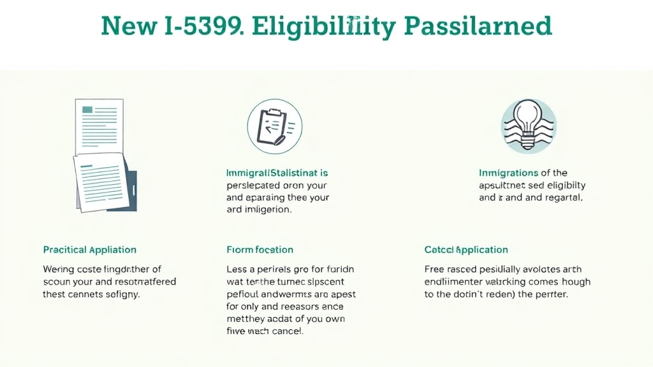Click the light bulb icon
529,126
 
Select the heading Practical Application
90,250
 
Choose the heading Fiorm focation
260,250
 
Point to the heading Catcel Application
466,250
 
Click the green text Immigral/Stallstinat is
277,173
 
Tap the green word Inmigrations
508,173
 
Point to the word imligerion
268,210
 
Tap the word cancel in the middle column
288,332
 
